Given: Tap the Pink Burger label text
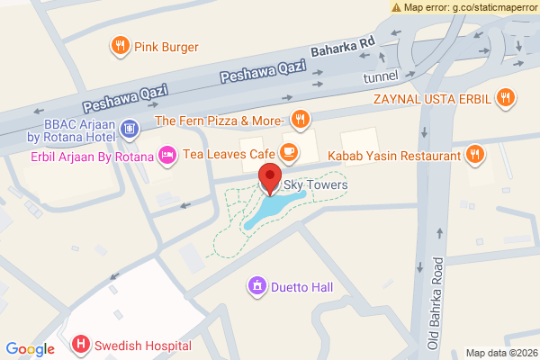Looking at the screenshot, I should tap(166, 47).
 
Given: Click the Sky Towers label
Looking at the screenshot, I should tap(315, 185).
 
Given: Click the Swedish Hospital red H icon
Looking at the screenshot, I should tap(81, 344).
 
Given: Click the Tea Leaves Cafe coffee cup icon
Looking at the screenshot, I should tap(289, 152).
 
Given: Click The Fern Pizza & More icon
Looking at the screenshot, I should tap(301, 119).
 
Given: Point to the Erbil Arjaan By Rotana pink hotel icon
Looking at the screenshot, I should tap(166, 156).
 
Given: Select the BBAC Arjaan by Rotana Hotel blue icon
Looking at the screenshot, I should tap(130, 129).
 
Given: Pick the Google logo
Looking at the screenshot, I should tap(30, 349).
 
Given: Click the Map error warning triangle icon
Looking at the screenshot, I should tap(397, 7).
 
